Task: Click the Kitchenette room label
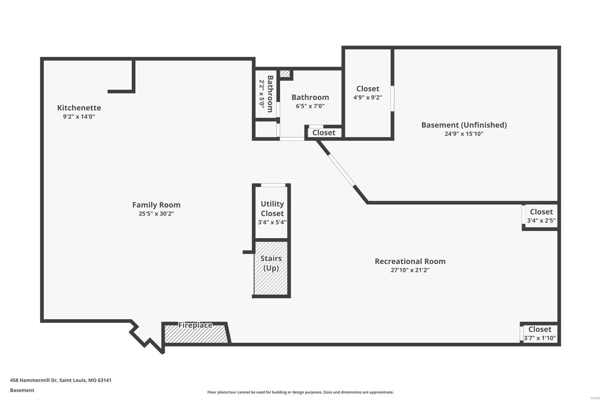[x=79, y=108]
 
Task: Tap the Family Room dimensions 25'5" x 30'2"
[x=156, y=214]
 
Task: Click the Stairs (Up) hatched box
[x=271, y=268]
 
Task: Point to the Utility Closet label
[x=272, y=209]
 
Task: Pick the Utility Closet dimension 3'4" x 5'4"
[x=272, y=222]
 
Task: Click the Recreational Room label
[x=410, y=261]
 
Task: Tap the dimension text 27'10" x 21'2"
[x=410, y=270]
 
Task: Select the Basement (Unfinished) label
[x=464, y=125]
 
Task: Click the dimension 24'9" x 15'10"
[x=464, y=134]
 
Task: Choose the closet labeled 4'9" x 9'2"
[x=368, y=93]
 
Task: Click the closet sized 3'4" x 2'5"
[x=541, y=216]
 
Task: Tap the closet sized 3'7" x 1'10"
[x=540, y=334]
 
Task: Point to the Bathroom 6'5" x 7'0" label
[x=310, y=101]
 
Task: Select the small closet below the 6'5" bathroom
[x=324, y=133]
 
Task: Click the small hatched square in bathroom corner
[x=285, y=74]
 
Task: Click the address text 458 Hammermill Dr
[x=60, y=380]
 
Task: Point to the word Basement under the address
[x=22, y=390]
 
